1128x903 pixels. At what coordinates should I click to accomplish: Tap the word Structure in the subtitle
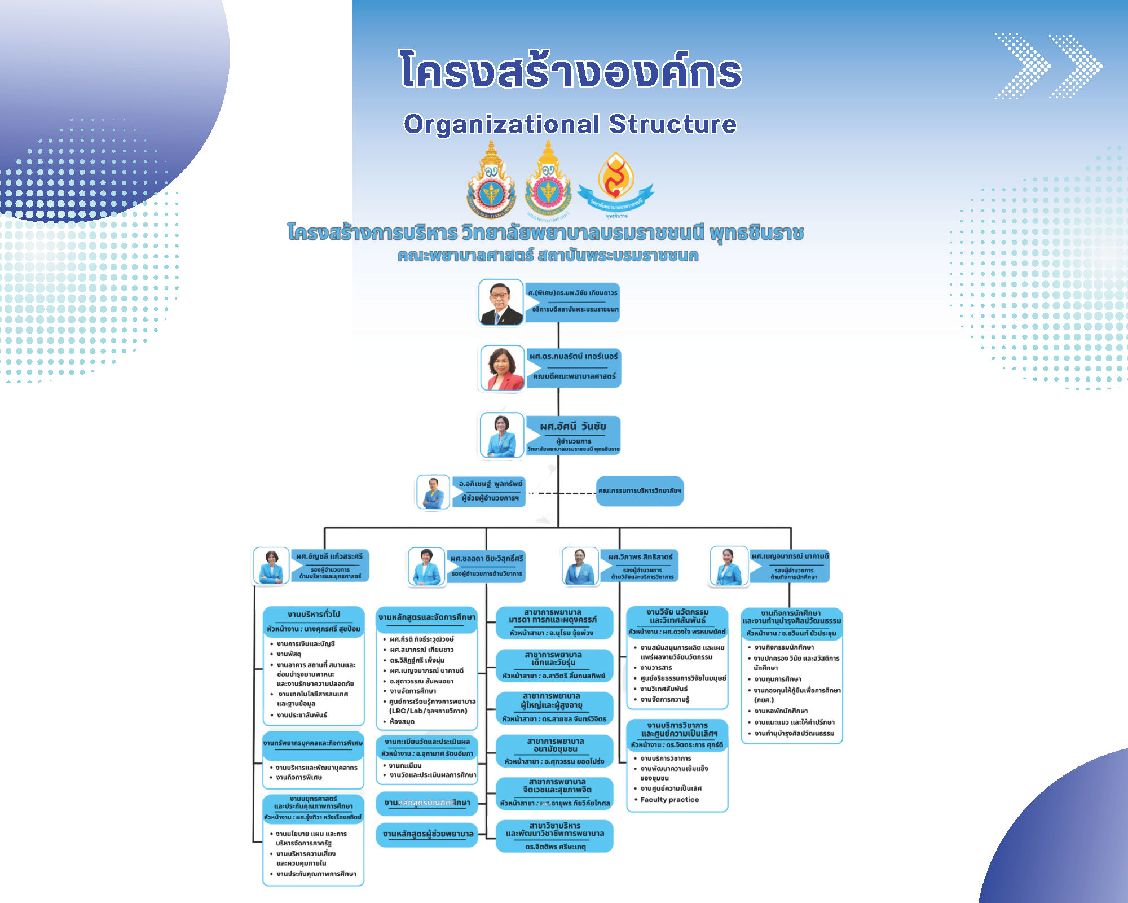[x=672, y=124]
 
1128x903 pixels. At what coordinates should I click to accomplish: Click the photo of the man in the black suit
[x=501, y=303]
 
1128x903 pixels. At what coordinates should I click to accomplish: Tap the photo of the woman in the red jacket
[x=502, y=369]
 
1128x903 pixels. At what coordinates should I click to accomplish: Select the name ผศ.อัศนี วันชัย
[x=572, y=427]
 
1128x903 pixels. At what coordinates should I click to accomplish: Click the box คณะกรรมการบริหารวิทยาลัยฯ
[x=640, y=491]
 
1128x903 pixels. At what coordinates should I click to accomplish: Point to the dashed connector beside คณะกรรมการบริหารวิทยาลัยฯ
[x=561, y=493]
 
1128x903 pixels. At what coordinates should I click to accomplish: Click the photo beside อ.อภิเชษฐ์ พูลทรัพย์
[x=433, y=492]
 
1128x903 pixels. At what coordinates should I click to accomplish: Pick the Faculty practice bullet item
[x=669, y=800]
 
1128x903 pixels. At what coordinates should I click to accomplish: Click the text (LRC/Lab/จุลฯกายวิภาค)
[x=428, y=711]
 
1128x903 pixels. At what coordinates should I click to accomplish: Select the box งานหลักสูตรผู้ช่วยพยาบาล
[x=428, y=834]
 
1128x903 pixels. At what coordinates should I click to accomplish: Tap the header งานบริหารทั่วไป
[x=314, y=615]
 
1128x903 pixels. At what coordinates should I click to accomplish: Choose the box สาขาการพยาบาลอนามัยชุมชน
[x=554, y=745]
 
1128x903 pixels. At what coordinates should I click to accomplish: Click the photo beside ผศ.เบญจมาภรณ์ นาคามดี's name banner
[x=729, y=566]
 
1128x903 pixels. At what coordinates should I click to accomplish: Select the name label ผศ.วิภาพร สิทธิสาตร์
[x=640, y=557]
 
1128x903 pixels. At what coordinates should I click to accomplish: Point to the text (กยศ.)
[x=764, y=700]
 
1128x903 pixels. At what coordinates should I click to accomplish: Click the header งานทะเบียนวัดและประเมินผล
[x=427, y=742]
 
